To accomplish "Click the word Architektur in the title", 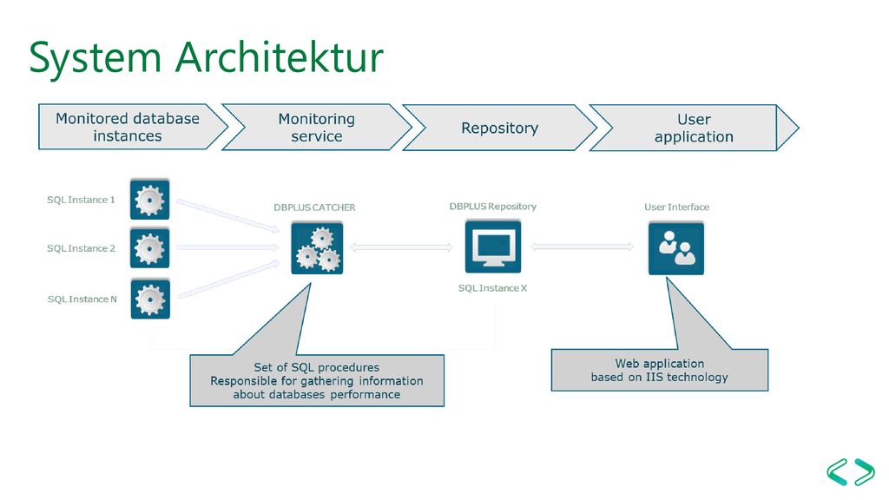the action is [x=279, y=57].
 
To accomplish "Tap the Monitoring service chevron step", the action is [x=317, y=128].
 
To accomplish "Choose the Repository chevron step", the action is [x=499, y=128].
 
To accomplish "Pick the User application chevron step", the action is [x=694, y=128].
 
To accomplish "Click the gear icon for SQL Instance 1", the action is [x=149, y=200].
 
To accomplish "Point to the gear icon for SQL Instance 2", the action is [x=149, y=248].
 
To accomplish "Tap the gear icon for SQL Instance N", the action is [x=150, y=299].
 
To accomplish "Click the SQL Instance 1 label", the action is [x=81, y=200].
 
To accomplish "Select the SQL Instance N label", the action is [x=82, y=299].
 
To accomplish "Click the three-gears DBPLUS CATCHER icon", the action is [x=317, y=248].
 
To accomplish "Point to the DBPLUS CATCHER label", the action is [x=314, y=207].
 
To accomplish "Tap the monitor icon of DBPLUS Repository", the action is [x=493, y=247].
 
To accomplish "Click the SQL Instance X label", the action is [x=493, y=288].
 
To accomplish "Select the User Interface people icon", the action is [x=675, y=248].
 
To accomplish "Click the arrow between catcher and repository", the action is [x=401, y=247].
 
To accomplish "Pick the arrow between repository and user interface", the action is [x=582, y=247].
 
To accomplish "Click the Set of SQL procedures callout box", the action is [x=317, y=380].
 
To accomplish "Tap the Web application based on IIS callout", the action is [x=660, y=370].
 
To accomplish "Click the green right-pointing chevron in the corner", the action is [x=866, y=471].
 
